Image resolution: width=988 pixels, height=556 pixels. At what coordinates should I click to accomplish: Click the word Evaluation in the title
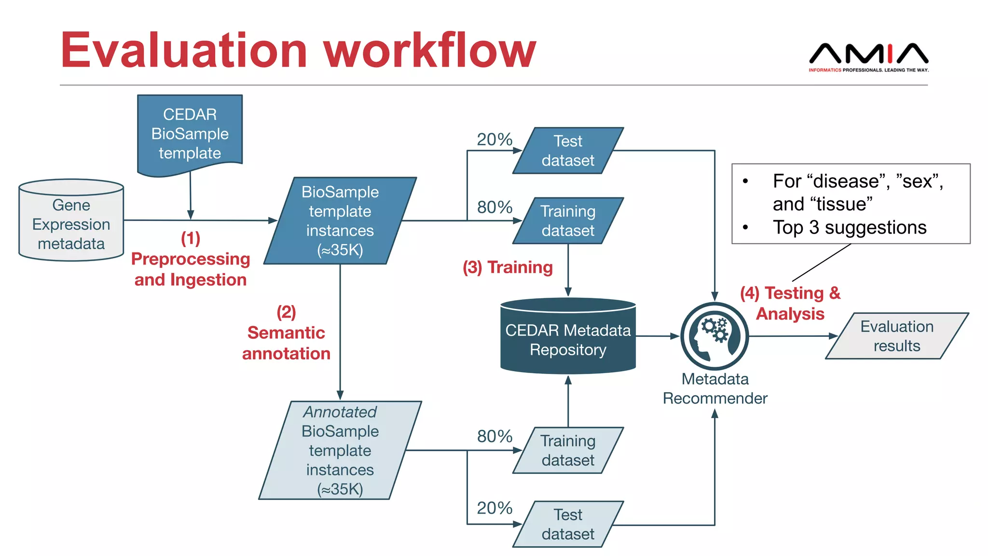[183, 51]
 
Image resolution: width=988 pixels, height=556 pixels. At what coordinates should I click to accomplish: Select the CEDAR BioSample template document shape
[190, 134]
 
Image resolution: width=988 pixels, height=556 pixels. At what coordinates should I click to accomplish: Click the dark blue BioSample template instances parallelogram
[340, 221]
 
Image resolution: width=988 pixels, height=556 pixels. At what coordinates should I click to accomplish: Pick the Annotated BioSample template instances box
[340, 450]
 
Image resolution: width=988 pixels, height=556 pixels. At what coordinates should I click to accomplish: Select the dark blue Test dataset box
[568, 151]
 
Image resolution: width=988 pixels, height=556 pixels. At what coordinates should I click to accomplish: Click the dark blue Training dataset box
[568, 221]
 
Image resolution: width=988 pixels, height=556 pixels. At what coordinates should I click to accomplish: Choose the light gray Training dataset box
[568, 450]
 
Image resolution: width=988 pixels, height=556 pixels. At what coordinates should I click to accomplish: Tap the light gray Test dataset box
[568, 524]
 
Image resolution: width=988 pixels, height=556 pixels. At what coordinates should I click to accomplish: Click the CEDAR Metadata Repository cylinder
[568, 339]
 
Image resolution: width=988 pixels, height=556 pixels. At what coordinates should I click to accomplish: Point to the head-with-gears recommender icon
[714, 336]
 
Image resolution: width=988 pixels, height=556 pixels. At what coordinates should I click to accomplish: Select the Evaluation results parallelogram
[897, 336]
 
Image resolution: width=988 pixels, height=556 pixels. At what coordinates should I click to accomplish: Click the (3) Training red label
[508, 267]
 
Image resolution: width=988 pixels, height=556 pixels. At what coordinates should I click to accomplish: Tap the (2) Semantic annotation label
[286, 333]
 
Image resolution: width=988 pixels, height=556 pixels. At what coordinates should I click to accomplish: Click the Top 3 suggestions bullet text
[849, 227]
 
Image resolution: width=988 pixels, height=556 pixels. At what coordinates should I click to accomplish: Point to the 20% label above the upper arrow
[494, 139]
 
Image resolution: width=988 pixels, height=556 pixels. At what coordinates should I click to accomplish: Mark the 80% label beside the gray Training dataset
[494, 436]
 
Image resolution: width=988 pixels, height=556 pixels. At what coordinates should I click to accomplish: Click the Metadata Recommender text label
[714, 389]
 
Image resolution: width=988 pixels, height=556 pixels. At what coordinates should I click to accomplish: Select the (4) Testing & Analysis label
[790, 303]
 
